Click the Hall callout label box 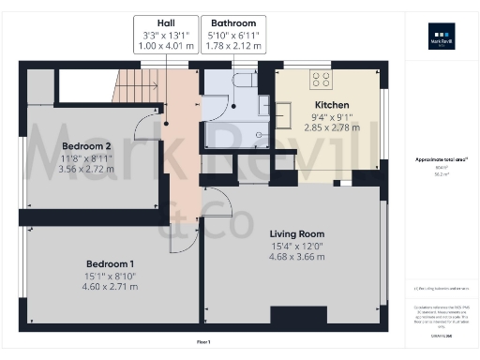[165, 34]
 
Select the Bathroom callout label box [232, 34]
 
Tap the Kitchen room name [332, 105]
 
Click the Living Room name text [296, 233]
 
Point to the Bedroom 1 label [110, 263]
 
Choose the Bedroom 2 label [86, 146]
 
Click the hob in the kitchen [322, 80]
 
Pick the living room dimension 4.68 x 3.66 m [296, 260]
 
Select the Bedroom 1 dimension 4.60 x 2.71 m [110, 286]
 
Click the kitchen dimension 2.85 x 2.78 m [332, 127]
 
